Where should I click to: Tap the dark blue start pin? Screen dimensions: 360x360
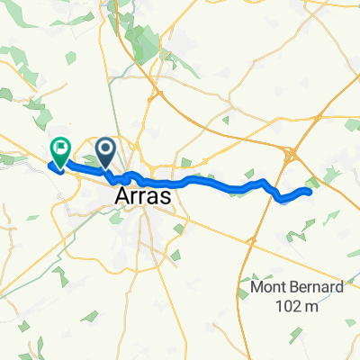tap(105, 150)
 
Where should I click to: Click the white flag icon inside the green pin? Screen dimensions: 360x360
tap(60, 146)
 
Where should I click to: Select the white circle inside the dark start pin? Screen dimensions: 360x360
tap(105, 147)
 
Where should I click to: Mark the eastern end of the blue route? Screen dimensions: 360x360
tap(309, 191)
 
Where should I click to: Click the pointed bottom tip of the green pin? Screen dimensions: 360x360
tap(60, 168)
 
